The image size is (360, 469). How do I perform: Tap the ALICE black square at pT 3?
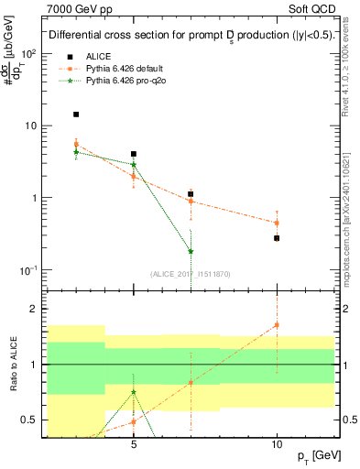tap(76, 115)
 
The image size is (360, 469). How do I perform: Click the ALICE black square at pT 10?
tap(277, 238)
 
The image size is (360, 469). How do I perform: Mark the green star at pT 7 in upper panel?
tap(191, 251)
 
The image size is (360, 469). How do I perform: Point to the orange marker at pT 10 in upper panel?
tap(277, 223)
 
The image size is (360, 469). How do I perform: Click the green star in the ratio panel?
tap(134, 392)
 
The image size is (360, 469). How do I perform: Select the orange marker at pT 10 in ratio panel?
tap(277, 325)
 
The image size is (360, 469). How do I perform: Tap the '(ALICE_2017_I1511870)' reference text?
tap(191, 275)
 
